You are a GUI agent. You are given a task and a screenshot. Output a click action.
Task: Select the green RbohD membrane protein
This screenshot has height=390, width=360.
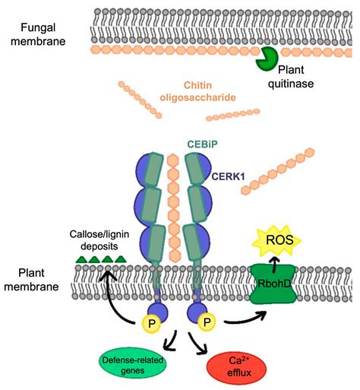coord(273,284)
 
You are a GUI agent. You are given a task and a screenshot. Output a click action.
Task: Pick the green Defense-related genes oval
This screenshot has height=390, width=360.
coord(133,365)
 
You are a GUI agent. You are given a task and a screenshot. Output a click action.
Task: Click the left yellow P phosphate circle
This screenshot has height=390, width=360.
coord(151,323)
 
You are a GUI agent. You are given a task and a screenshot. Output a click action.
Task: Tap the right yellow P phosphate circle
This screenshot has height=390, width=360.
coord(207,322)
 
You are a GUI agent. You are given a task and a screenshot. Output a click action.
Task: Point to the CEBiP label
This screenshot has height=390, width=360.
coord(202,144)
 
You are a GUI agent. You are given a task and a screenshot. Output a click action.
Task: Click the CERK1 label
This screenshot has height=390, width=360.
coord(229,176)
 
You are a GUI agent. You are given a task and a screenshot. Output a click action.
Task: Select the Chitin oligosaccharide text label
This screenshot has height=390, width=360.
coord(197,91)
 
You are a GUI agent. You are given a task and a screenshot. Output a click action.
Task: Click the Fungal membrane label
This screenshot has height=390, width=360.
coord(38,34)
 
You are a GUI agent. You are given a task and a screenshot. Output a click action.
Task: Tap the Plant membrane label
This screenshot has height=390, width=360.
coord(31,280)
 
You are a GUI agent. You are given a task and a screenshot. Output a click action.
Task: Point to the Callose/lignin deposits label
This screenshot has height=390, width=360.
coord(99,240)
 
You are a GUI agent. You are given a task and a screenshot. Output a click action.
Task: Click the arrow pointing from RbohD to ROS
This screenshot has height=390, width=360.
coord(273,265)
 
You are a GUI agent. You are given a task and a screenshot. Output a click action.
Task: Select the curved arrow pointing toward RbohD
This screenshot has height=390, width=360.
coord(246,321)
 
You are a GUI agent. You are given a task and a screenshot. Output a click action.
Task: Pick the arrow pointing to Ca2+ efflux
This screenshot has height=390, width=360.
coord(197,343)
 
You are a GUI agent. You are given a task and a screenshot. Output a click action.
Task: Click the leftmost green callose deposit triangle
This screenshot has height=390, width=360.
coord(82,259)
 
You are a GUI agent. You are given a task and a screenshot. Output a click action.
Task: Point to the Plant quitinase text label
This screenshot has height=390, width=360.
coord(291,77)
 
